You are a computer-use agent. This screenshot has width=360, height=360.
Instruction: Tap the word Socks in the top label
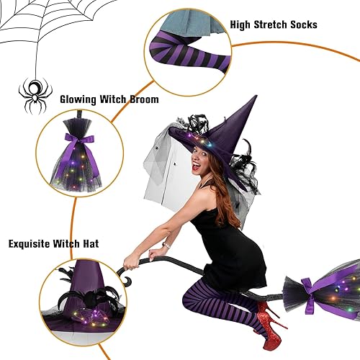click(x=300, y=24)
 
